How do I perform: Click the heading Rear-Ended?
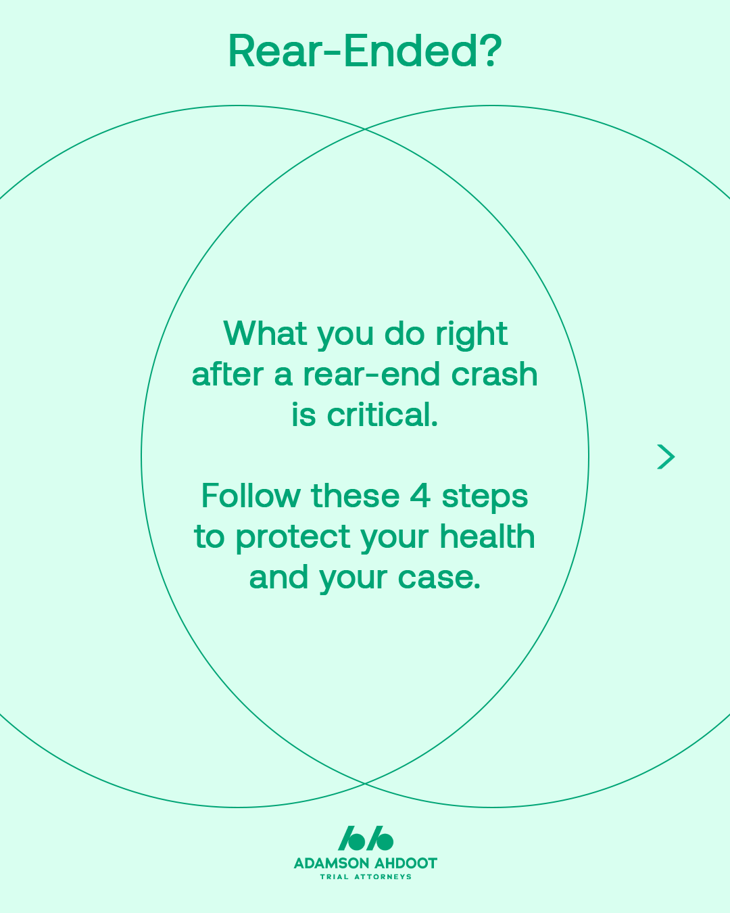(365, 51)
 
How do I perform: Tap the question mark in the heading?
(491, 51)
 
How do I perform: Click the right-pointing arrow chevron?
(666, 457)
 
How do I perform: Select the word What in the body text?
(265, 333)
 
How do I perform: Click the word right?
(471, 336)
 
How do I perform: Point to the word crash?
(494, 374)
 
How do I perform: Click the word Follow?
(251, 495)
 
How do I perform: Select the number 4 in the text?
(420, 496)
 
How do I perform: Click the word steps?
(485, 498)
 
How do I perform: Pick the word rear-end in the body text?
(371, 374)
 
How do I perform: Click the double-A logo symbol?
(365, 838)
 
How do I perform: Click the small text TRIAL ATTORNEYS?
(366, 877)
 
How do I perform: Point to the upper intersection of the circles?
(365, 129)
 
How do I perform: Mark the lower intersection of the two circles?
(365, 783)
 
